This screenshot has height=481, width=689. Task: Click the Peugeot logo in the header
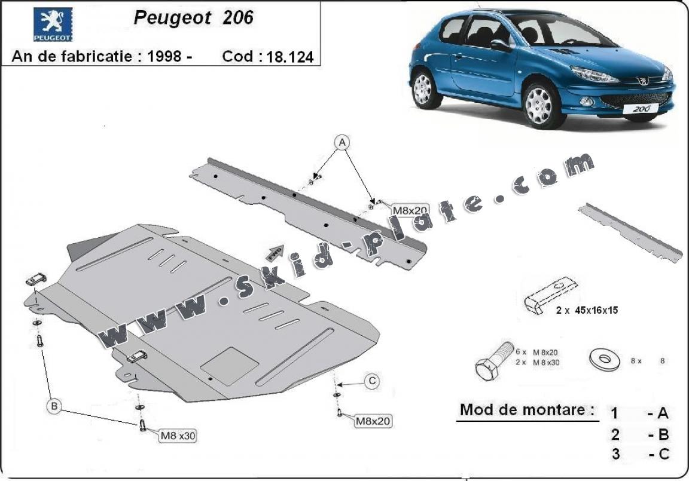[x=53, y=24]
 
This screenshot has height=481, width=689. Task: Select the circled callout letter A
[x=342, y=143]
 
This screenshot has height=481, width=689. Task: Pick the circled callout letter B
[x=54, y=407]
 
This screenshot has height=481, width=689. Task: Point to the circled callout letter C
[x=371, y=380]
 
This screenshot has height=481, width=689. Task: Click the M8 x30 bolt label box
[x=177, y=436]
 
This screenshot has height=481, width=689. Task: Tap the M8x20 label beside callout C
[x=373, y=421]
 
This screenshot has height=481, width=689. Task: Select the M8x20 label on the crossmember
[x=410, y=210]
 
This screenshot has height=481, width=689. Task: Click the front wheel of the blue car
[x=539, y=105]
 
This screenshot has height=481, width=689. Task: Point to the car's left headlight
[x=593, y=75]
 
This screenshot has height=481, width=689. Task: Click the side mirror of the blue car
[x=500, y=45]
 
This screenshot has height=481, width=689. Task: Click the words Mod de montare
[x=527, y=410]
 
